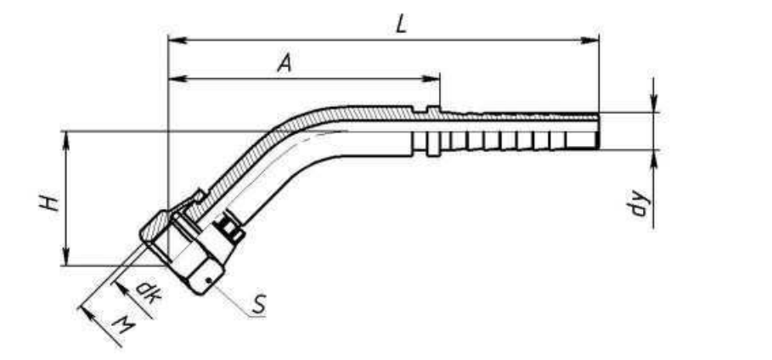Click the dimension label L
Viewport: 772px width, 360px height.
402,24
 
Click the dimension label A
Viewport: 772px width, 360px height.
285,64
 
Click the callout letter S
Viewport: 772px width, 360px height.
259,304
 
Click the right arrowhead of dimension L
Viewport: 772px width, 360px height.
589,40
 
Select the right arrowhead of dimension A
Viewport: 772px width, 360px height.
431,78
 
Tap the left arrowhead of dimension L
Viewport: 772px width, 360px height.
178,40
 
